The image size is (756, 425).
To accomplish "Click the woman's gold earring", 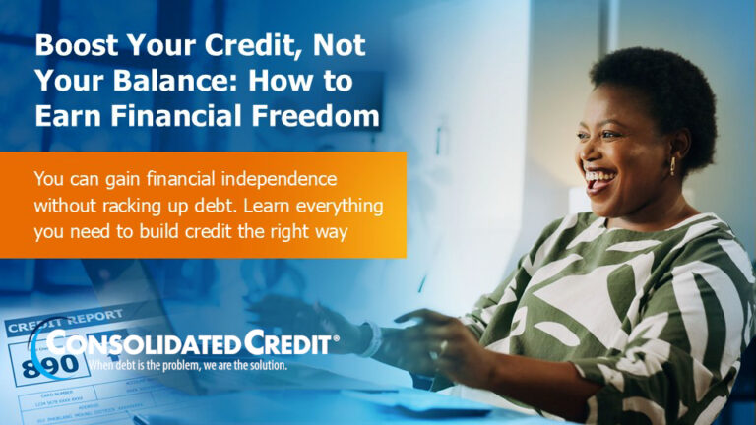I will pos(674,164).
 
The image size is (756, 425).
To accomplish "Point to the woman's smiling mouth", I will pos(597,181).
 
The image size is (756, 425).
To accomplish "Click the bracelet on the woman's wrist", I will pos(373,339).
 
